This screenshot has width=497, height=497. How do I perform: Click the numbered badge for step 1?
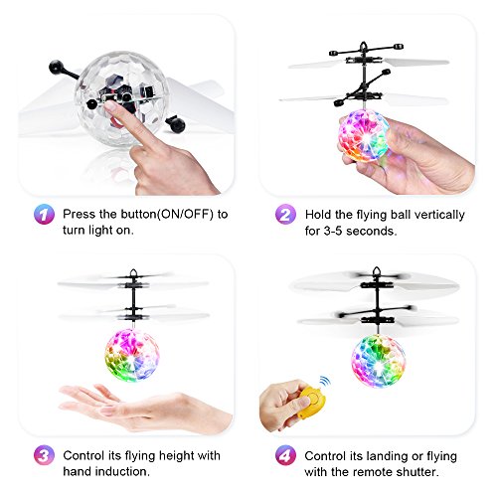click(44, 214)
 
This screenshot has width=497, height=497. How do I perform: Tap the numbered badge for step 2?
click(285, 214)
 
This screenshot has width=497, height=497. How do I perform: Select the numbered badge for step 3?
click(44, 455)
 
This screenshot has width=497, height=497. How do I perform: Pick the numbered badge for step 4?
click(285, 455)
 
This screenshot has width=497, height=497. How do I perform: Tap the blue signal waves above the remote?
click(325, 382)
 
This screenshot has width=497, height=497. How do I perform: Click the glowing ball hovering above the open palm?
click(132, 355)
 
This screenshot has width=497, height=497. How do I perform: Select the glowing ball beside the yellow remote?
click(378, 360)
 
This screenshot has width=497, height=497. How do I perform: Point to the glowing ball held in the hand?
click(364, 136)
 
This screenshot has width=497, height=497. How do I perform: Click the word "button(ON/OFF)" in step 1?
click(167, 214)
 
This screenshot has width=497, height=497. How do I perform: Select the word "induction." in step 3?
click(106, 471)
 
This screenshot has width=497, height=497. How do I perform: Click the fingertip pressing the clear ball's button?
click(111, 106)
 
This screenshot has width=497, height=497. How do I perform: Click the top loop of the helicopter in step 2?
click(364, 46)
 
